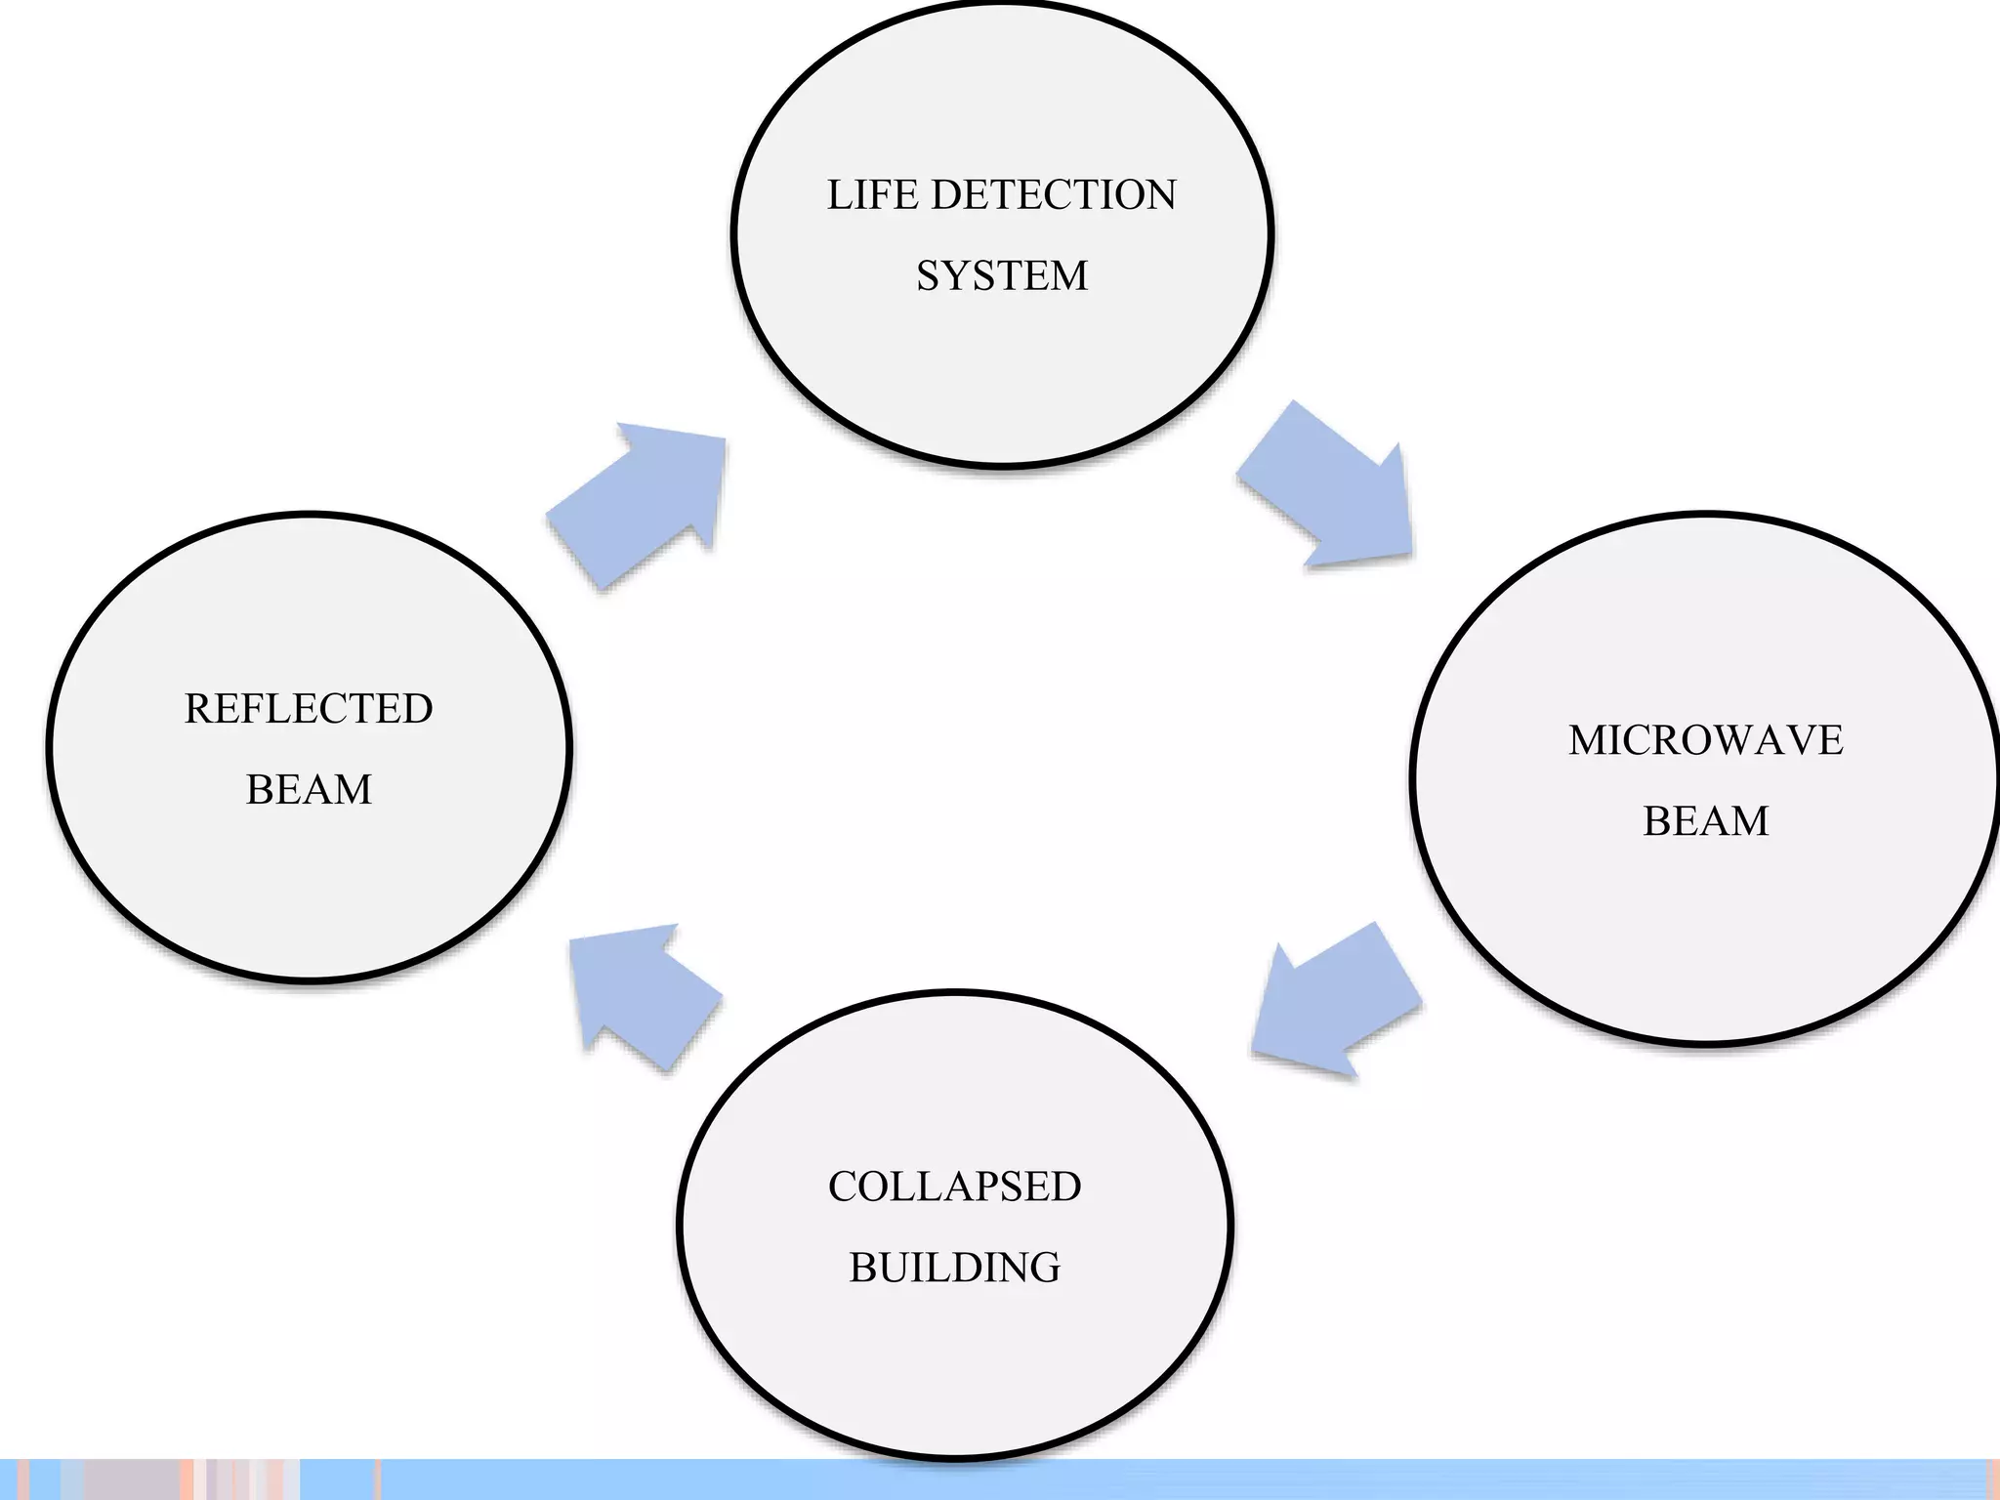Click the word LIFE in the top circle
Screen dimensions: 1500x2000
coord(872,195)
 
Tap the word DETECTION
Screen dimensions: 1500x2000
coord(1054,195)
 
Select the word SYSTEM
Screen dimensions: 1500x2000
coord(1002,276)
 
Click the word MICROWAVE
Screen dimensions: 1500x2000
coord(1705,740)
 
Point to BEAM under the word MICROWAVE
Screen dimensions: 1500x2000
coord(1705,821)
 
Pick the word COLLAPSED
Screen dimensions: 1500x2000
coord(954,1187)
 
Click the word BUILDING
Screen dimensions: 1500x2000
coord(954,1268)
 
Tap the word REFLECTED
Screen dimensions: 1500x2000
coord(309,709)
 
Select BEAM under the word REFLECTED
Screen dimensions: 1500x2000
coord(309,790)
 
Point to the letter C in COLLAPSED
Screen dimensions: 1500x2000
coord(843,1187)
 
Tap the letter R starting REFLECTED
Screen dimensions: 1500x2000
coord(198,709)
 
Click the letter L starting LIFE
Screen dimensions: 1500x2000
coord(839,195)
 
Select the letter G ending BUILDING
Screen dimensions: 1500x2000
coord(1046,1268)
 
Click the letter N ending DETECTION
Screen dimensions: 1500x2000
coord(1161,195)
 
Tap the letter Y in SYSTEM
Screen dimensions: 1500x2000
coord(952,276)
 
